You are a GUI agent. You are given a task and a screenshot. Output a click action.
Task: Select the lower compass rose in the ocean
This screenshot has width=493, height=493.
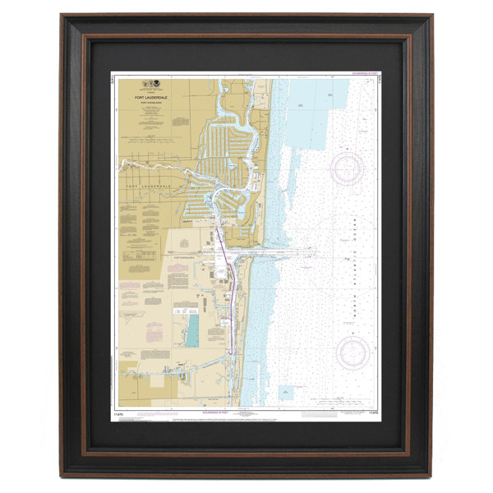click(x=357, y=352)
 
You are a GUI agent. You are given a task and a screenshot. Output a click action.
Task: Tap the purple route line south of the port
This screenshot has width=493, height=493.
click(x=233, y=312)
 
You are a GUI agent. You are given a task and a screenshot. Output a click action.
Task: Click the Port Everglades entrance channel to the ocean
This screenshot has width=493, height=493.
click(x=271, y=253)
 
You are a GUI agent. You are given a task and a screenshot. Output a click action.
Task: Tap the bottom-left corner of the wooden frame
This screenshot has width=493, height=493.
click(x=64, y=475)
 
